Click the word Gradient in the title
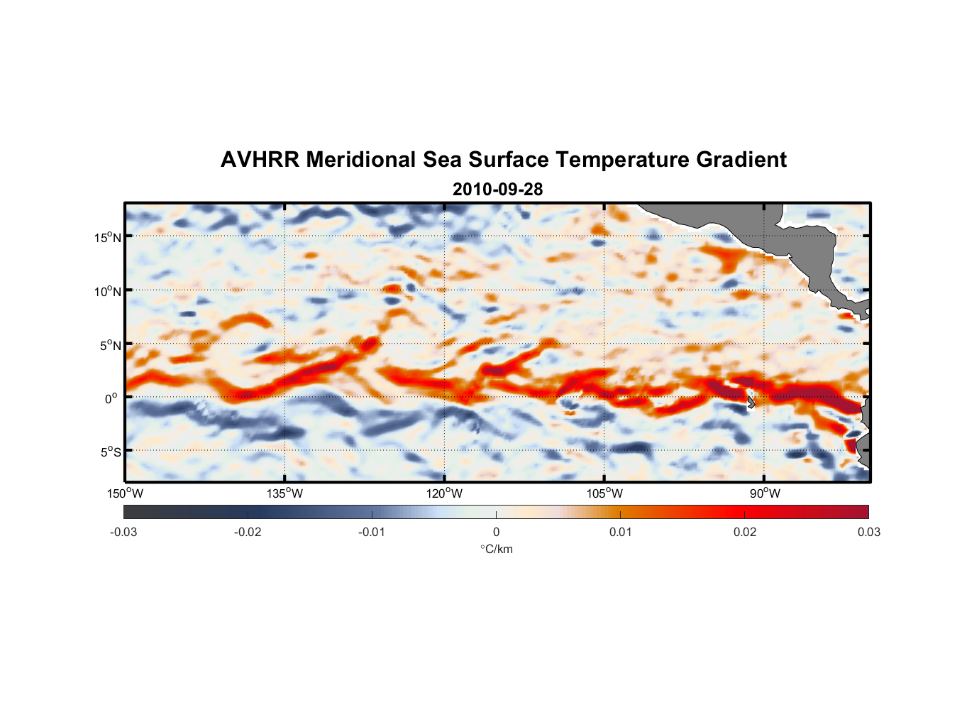(741, 160)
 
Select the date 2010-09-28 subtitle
(497, 190)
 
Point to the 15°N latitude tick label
(108, 237)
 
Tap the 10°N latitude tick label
(108, 291)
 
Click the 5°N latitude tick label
(110, 345)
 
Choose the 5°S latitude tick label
(110, 452)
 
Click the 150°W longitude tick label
(125, 493)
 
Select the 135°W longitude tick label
(284, 493)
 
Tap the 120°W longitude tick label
(444, 493)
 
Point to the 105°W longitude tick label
(604, 493)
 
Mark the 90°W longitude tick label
(765, 493)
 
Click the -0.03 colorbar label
(123, 532)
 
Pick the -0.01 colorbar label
(372, 532)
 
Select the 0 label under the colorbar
(496, 532)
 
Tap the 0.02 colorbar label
(745, 532)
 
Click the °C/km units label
(496, 549)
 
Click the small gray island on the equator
(751, 403)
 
